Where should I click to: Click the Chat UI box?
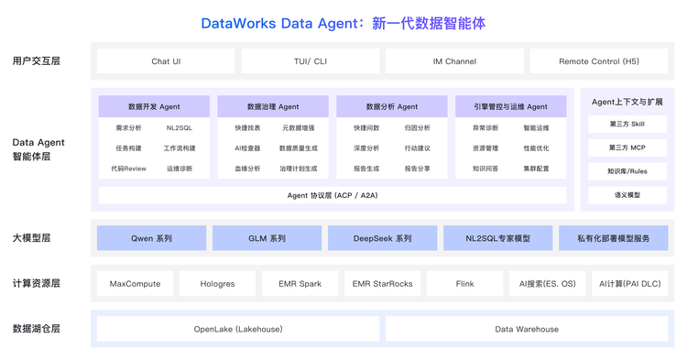(x=166, y=60)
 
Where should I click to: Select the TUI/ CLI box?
(x=311, y=60)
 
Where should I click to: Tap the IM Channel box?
(x=454, y=60)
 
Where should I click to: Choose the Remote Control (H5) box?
(x=599, y=60)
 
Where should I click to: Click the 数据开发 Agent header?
(x=154, y=106)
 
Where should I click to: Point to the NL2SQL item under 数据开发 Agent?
(x=180, y=128)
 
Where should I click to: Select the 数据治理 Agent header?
(x=273, y=106)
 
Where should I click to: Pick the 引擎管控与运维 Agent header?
(x=511, y=106)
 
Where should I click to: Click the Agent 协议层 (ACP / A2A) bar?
(x=333, y=195)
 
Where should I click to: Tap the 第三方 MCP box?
(x=627, y=147)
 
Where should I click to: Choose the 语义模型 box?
(x=627, y=195)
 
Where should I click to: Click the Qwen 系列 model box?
(x=151, y=238)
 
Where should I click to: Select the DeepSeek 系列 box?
(x=383, y=238)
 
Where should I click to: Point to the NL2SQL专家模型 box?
(x=498, y=238)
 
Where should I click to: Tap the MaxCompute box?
(x=135, y=284)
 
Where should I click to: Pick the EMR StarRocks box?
(x=383, y=284)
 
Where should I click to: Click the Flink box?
(x=464, y=284)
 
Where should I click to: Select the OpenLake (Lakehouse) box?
(x=238, y=329)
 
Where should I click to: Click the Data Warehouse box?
(x=527, y=329)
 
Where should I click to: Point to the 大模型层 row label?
(x=31, y=238)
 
